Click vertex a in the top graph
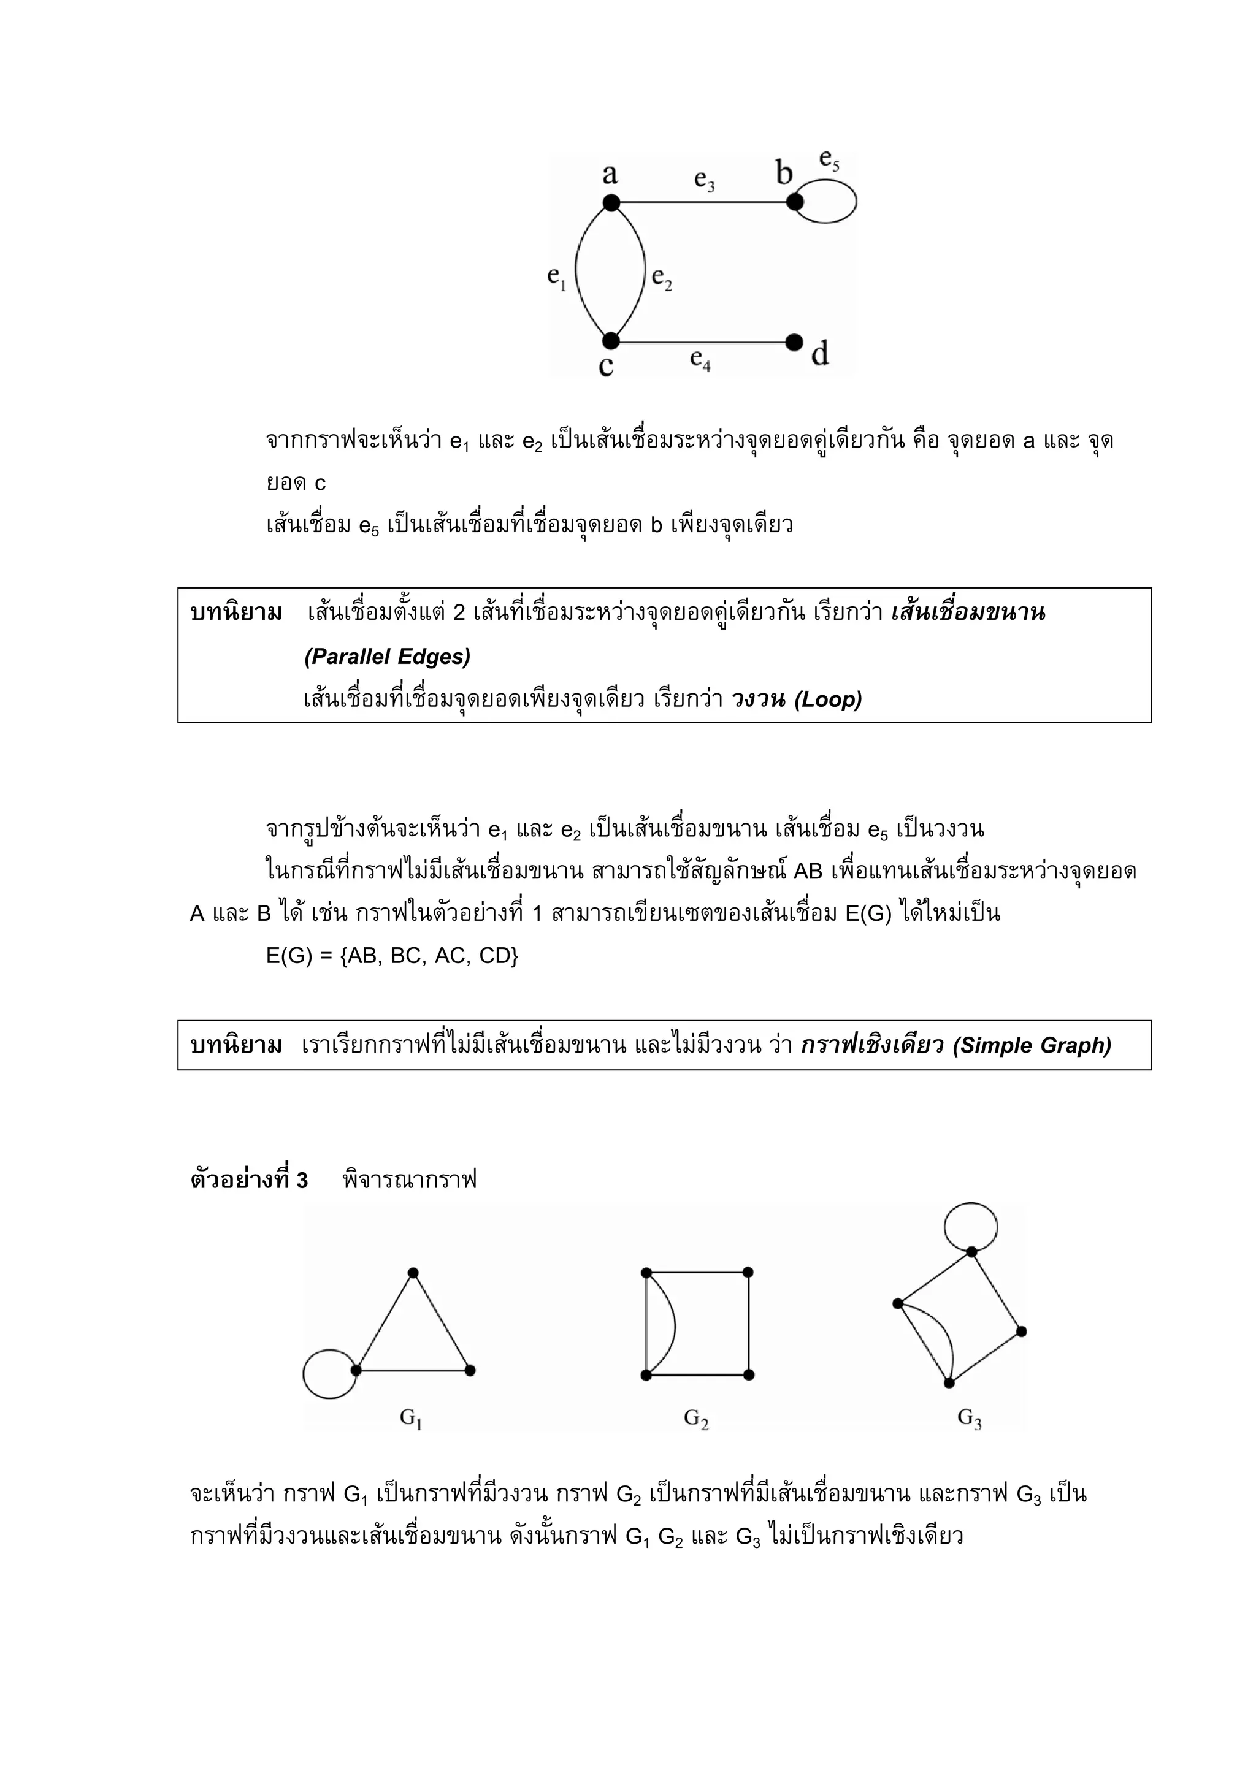coord(611,203)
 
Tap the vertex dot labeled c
coord(611,340)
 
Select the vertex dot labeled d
coord(794,342)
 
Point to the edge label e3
coord(704,180)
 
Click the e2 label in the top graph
coord(662,278)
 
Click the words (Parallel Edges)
coord(387,657)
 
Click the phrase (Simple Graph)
coord(1032,1046)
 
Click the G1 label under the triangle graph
coord(410,1418)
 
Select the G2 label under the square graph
coord(695,1418)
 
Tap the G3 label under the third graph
coord(970,1417)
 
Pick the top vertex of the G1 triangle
coord(413,1273)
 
